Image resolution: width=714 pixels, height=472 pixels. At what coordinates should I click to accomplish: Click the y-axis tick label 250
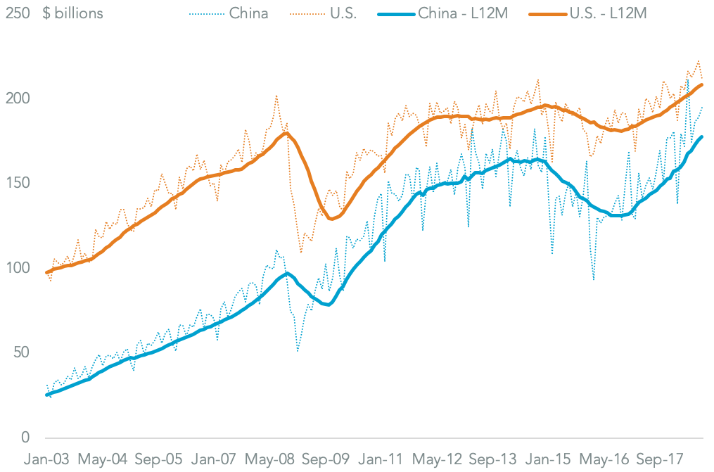click(x=16, y=13)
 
